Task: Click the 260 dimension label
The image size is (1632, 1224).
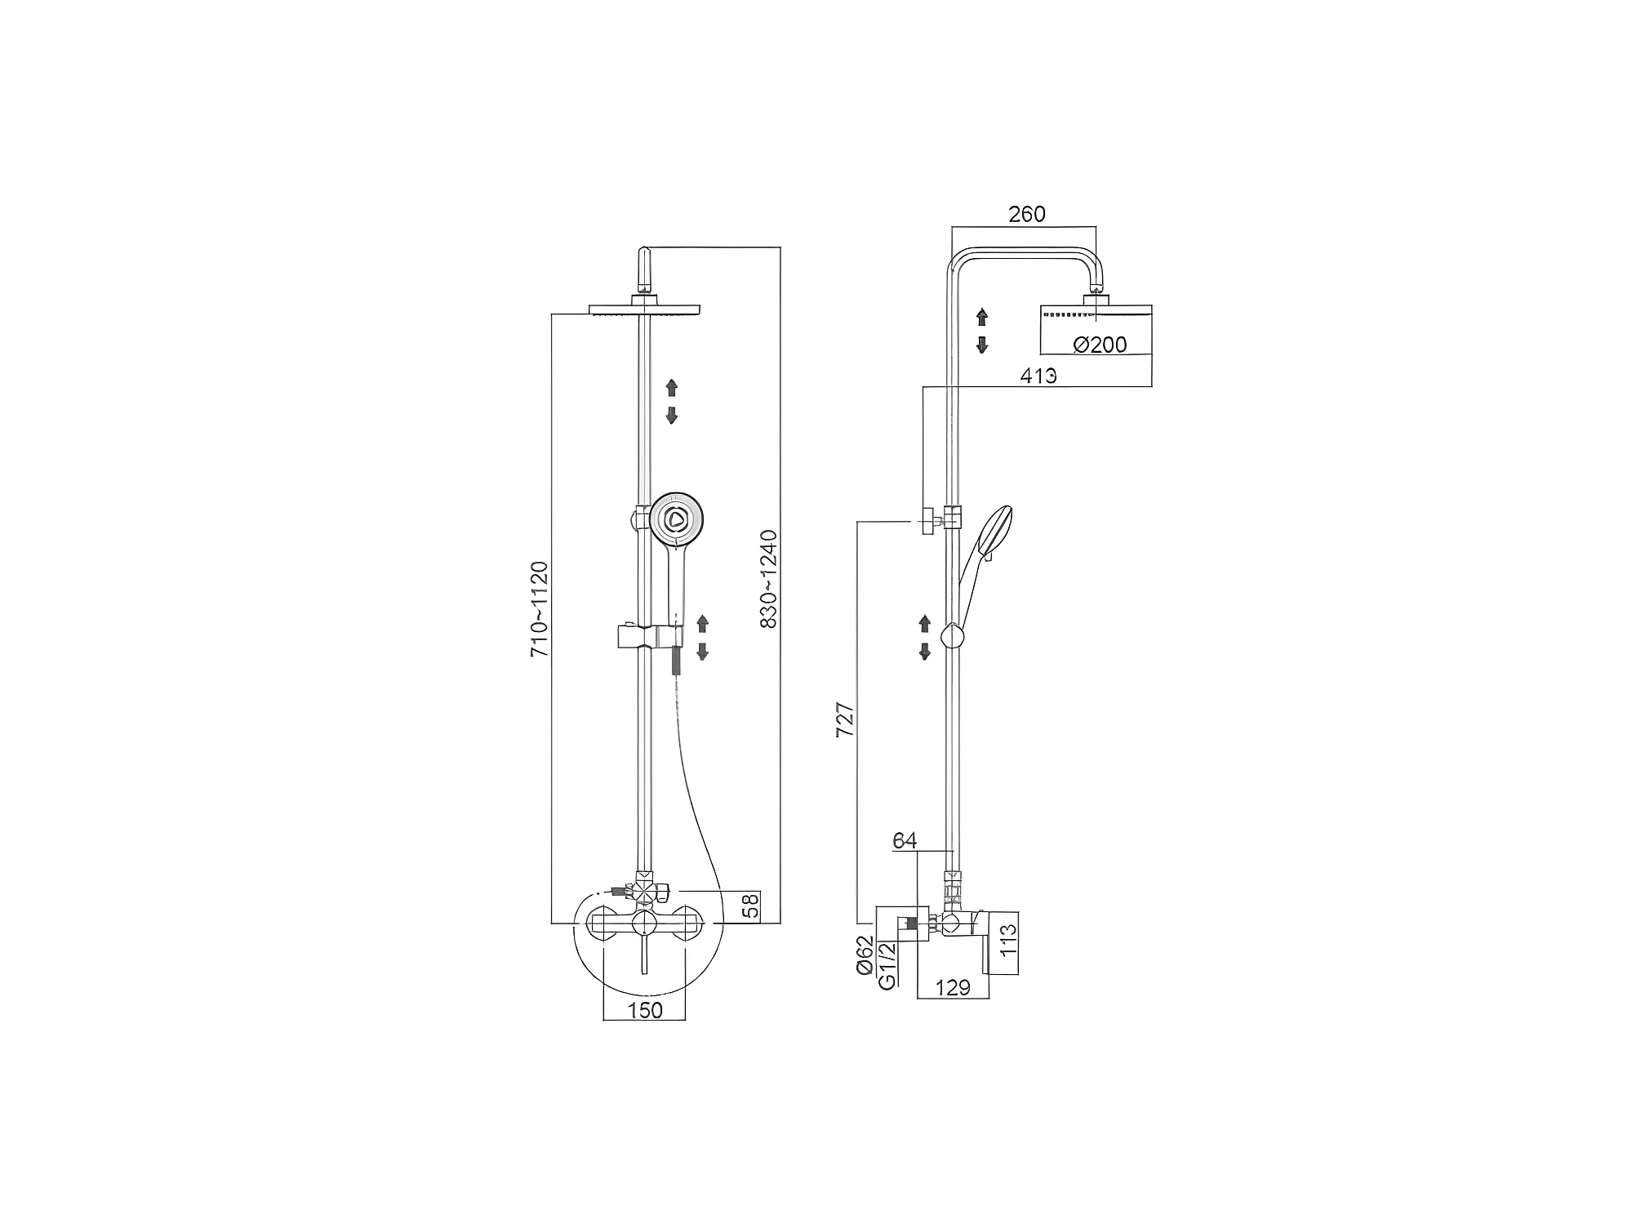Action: [x=1026, y=214]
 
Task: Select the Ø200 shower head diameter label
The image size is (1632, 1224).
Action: [x=1100, y=345]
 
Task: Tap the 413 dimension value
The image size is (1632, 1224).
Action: [x=1038, y=376]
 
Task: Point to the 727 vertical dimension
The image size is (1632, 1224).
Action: [x=846, y=719]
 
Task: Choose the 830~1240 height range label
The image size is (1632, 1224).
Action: [x=768, y=579]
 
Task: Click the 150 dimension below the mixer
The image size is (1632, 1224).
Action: [x=645, y=1010]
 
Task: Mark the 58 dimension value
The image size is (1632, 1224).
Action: [x=750, y=906]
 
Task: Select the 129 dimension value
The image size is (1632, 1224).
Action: [x=952, y=988]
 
